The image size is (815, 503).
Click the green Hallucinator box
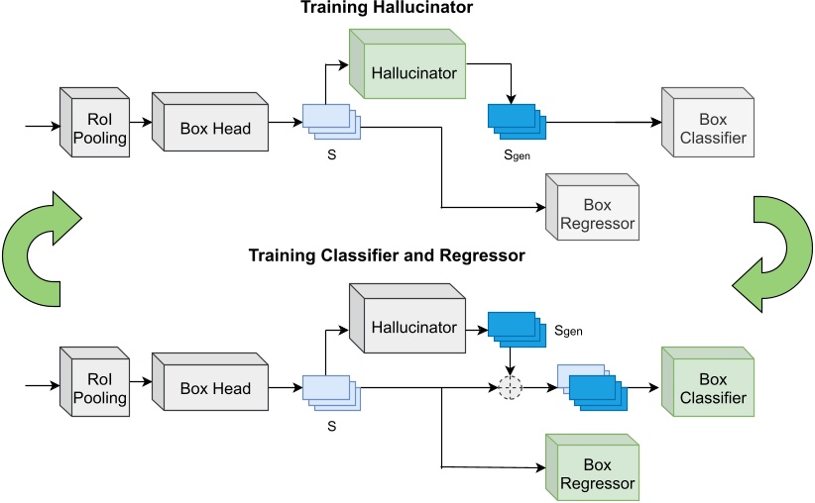407,63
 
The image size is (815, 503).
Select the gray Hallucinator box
407,318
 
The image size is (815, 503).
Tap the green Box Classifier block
708,381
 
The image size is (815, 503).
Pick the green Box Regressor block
593,467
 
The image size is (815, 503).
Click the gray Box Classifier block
708,123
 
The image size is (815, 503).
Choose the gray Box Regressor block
593,207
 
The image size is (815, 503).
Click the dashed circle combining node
511,387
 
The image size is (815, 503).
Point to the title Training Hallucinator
387,8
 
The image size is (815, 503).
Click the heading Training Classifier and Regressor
387,255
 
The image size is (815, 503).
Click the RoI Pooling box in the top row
94,123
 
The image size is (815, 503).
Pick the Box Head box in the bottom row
210,381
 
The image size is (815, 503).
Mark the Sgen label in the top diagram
517,154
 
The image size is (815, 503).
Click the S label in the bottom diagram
331,426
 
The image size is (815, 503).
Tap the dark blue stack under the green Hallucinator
517,122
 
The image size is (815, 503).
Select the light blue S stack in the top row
331,122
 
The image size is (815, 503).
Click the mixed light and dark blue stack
593,387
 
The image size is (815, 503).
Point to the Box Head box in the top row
210,122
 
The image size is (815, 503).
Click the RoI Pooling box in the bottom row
94,381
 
